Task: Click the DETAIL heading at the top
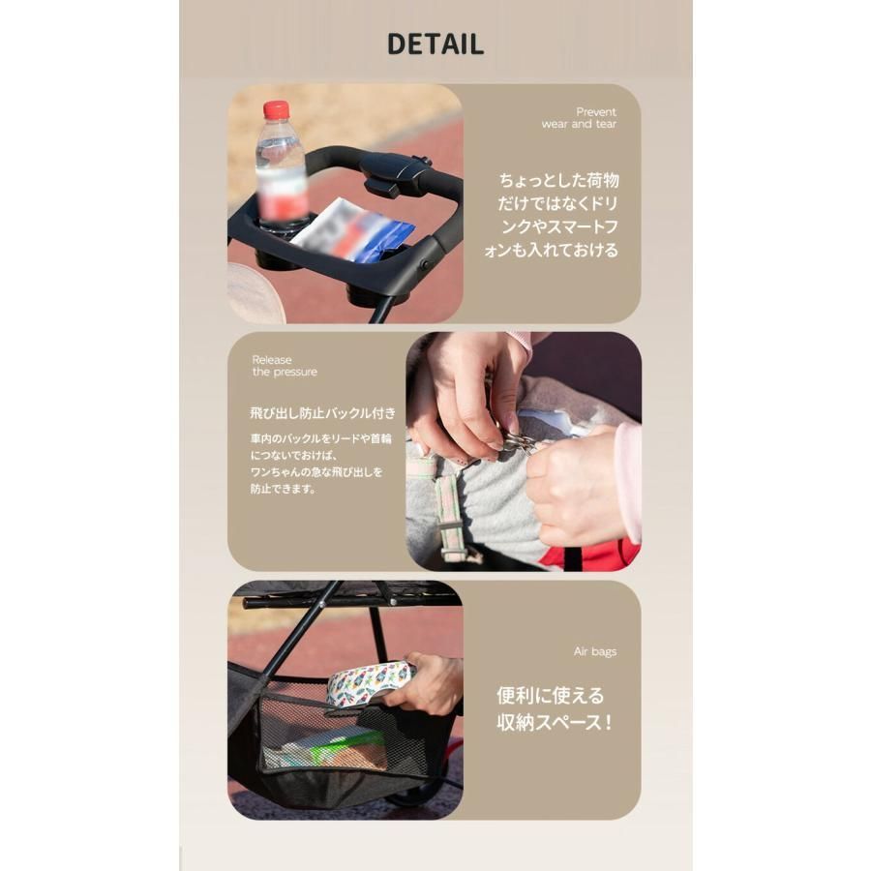[x=435, y=45]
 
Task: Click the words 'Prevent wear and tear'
[x=579, y=118]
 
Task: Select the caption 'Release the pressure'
[x=285, y=366]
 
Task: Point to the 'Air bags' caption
[x=595, y=651]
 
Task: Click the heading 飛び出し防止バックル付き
[x=322, y=412]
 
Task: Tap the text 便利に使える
[x=550, y=695]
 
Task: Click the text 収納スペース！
[x=555, y=722]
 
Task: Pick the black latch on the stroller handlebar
[x=396, y=173]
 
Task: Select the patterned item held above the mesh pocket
[x=371, y=684]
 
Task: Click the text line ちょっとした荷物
[x=558, y=181]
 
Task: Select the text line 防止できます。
[x=283, y=490]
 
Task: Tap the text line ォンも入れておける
[x=551, y=250]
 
